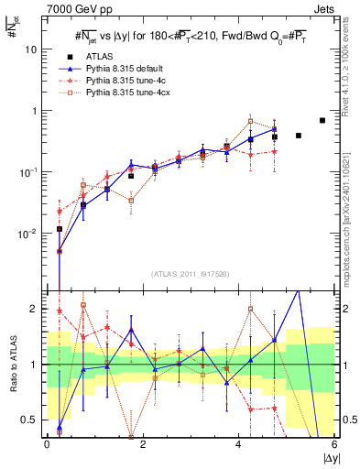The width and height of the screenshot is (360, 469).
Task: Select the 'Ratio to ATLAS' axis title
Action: point(12,364)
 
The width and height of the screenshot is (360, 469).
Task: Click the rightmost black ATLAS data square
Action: point(322,120)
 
